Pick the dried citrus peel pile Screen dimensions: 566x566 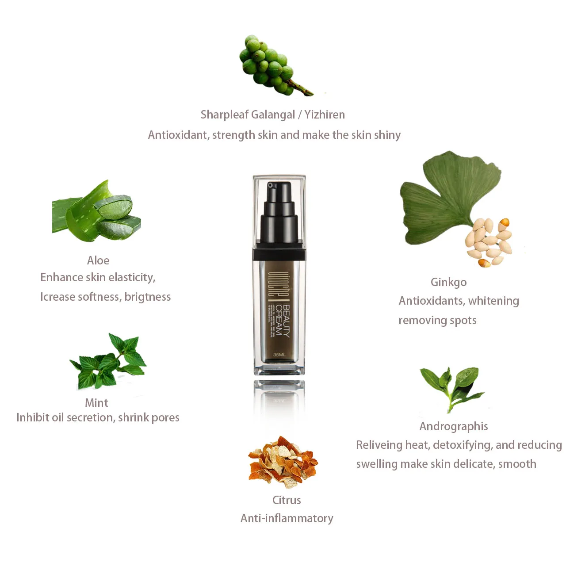(x=283, y=462)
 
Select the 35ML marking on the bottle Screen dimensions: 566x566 (x=279, y=355)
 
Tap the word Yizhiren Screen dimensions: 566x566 (x=325, y=115)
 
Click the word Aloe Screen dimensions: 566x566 (x=98, y=260)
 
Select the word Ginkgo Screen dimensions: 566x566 (x=448, y=282)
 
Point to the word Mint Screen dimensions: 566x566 (x=96, y=403)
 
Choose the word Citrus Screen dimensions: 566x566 (x=287, y=500)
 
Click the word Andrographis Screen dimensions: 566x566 (x=454, y=426)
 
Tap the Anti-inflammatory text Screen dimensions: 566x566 (x=287, y=518)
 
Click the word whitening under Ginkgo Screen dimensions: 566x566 (x=493, y=301)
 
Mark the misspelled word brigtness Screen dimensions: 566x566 (x=147, y=297)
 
